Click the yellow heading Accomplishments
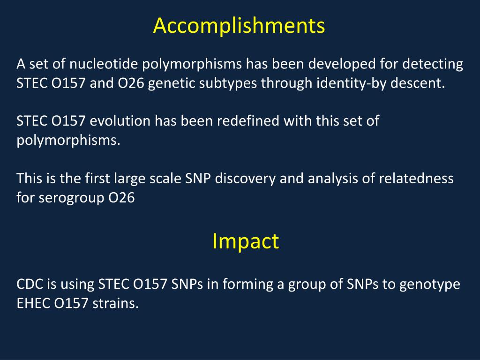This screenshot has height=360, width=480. click(x=239, y=26)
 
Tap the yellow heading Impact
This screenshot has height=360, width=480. click(x=245, y=241)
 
